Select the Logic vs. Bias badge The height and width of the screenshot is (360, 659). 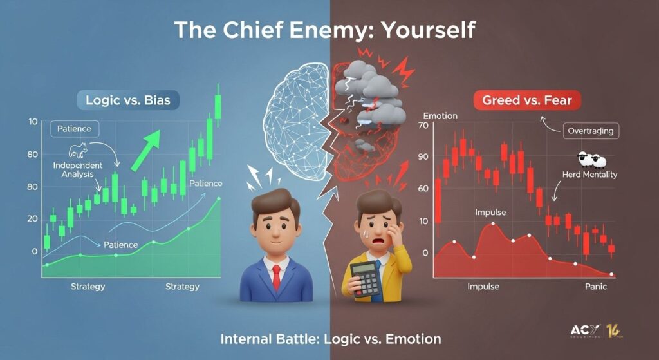(x=128, y=100)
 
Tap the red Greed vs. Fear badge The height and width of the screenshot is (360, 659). (x=527, y=100)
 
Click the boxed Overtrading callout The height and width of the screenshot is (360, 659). (x=591, y=131)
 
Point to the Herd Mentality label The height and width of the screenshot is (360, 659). (x=589, y=174)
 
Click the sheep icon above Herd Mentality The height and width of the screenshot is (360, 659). (x=592, y=160)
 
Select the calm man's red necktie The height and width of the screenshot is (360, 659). (x=276, y=278)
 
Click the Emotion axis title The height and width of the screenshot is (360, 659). (x=440, y=116)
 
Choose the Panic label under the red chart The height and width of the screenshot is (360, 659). (x=596, y=287)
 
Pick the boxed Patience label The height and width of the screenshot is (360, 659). (x=75, y=129)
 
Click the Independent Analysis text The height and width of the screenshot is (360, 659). (x=78, y=169)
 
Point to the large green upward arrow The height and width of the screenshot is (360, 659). (x=145, y=150)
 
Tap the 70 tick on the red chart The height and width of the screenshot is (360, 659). (x=423, y=126)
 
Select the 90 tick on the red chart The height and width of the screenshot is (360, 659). (x=423, y=157)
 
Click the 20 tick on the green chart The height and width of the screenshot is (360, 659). (x=32, y=219)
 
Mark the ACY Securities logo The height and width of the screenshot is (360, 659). (x=595, y=331)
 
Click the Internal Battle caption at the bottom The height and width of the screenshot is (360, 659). (x=331, y=339)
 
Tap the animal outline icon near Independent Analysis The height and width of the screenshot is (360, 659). (x=78, y=150)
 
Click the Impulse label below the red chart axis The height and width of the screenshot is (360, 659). (x=483, y=287)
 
